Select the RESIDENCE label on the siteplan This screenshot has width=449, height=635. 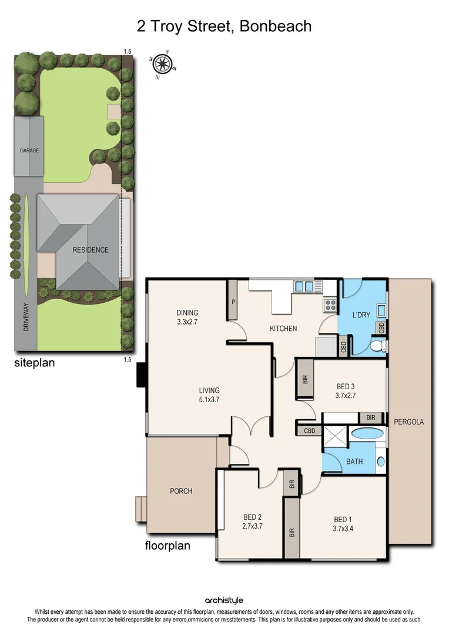point(91,250)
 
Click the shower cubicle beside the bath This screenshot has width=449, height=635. point(335,437)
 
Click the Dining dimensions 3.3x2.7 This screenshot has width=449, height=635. point(187,323)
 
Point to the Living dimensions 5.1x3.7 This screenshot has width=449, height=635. point(209,400)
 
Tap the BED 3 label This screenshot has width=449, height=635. point(346,386)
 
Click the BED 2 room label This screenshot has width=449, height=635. point(253,517)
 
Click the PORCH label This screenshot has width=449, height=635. point(181,491)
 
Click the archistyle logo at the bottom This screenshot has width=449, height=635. point(224,600)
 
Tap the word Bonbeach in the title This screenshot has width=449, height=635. point(276,26)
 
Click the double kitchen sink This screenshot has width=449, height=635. point(304,286)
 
